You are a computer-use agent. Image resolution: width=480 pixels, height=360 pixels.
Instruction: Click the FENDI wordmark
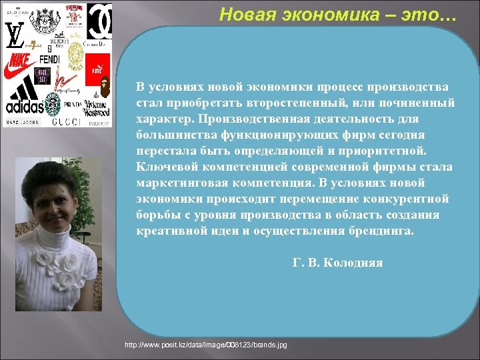(x=49, y=59)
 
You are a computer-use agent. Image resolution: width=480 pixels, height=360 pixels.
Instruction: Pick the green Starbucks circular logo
(x=52, y=103)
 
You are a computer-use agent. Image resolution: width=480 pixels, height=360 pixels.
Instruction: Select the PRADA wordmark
(x=73, y=105)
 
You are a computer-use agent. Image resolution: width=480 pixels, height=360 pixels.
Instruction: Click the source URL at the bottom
(x=206, y=345)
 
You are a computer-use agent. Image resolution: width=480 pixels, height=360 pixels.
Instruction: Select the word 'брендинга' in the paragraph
(x=382, y=231)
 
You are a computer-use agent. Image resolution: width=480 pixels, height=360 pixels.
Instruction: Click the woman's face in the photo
(x=52, y=199)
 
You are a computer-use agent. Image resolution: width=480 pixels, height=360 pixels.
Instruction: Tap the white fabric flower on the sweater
(x=49, y=262)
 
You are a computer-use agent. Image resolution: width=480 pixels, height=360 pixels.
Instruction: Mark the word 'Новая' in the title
(x=244, y=14)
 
